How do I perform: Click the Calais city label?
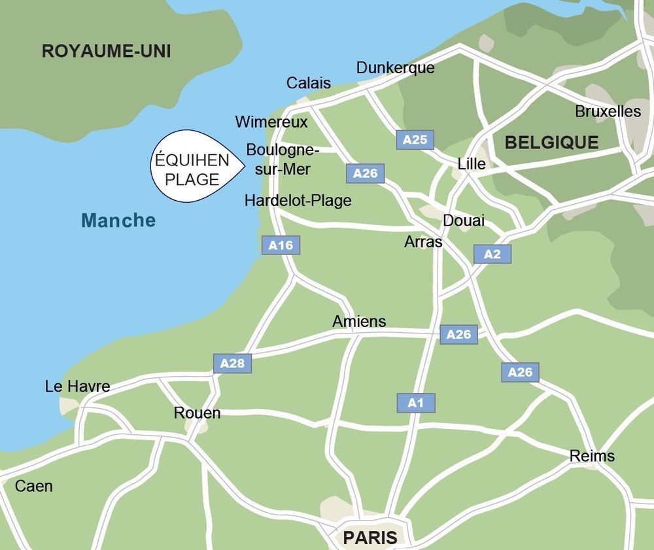click(x=309, y=83)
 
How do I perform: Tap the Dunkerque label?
click(x=395, y=68)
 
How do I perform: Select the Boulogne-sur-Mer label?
click(x=282, y=160)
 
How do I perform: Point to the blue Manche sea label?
click(x=118, y=220)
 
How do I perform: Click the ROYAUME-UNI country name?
click(x=106, y=52)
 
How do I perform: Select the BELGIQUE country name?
click(x=551, y=143)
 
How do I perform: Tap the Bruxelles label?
click(x=608, y=111)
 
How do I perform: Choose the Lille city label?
click(x=472, y=163)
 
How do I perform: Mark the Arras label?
click(x=423, y=242)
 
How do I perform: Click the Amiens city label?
click(x=359, y=322)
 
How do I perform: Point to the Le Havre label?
click(x=77, y=387)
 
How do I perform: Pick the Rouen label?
click(x=197, y=413)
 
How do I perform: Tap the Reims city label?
click(x=592, y=456)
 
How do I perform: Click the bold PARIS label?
click(x=370, y=538)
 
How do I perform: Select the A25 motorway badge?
click(x=415, y=139)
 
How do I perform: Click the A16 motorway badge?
click(x=281, y=245)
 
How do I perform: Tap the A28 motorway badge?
click(x=232, y=363)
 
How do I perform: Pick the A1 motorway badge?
click(x=415, y=403)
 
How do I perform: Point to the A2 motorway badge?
click(x=492, y=254)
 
